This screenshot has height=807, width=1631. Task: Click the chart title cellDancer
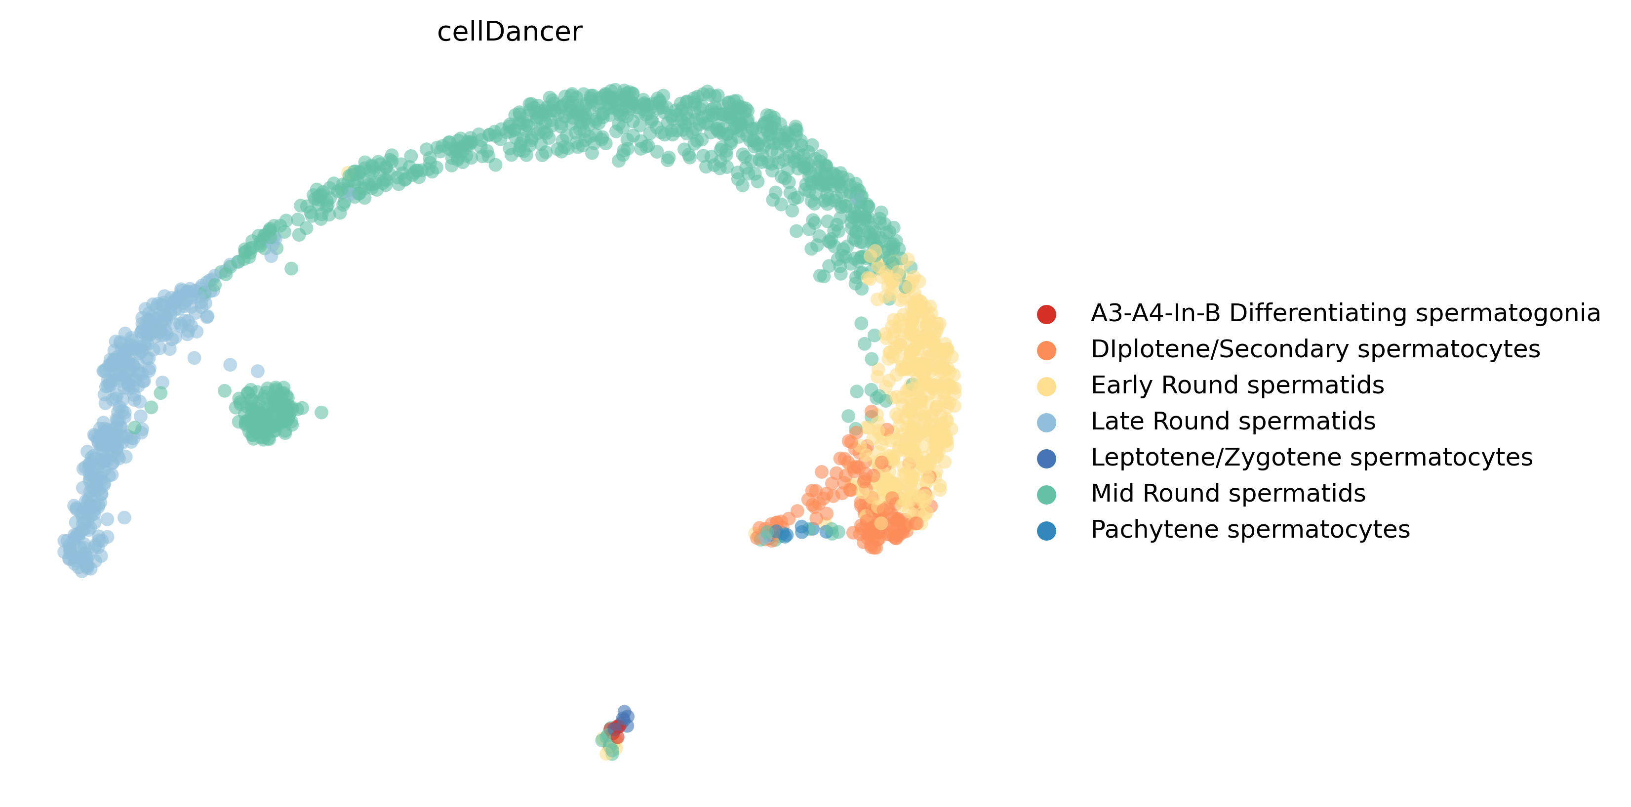tap(509, 32)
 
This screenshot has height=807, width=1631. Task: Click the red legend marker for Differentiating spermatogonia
tap(1047, 313)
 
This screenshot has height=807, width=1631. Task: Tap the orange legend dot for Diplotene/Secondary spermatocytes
tap(1047, 350)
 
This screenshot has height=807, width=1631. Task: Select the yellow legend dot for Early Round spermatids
tap(1047, 386)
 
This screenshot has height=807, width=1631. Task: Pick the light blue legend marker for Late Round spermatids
tap(1047, 422)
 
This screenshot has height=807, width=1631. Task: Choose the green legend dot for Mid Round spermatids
tap(1047, 494)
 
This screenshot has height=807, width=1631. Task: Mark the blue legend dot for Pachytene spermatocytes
tap(1047, 530)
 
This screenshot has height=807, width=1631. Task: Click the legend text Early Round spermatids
tap(1237, 385)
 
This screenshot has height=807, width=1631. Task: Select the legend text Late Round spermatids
tap(1233, 421)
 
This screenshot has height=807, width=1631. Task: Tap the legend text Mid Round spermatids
tap(1228, 494)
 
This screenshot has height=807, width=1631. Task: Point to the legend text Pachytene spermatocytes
tap(1250, 530)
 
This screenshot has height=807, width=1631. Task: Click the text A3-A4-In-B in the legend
tap(1155, 313)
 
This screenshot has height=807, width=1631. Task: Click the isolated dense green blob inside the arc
tap(268, 412)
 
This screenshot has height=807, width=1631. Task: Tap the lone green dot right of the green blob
tap(321, 412)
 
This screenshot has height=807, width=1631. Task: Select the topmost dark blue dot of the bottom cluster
tap(624, 711)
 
